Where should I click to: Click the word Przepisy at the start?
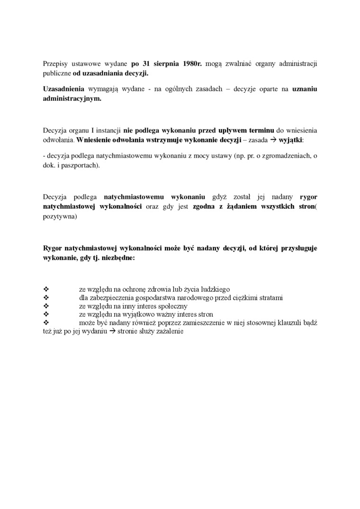pyautogui.click(x=55, y=63)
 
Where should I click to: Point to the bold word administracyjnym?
pyautogui.click(x=72, y=99)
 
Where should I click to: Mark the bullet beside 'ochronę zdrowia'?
pyautogui.click(x=46, y=289)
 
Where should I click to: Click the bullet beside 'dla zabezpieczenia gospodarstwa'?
pyautogui.click(x=46, y=297)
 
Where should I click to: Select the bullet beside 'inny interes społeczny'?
pyautogui.click(x=46, y=306)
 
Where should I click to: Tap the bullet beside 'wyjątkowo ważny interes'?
pyautogui.click(x=46, y=314)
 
